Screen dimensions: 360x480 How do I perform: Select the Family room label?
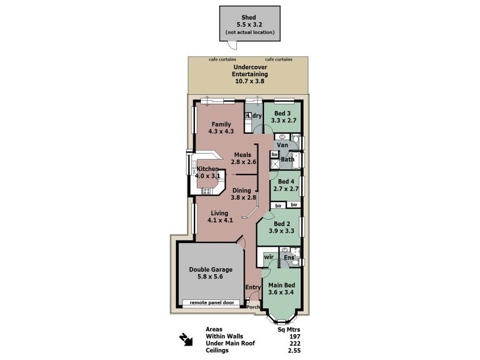220,124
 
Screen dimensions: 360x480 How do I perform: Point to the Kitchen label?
208,169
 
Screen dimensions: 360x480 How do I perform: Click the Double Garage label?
211,269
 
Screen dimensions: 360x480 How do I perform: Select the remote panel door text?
211,302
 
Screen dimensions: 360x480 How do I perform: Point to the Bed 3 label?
283,113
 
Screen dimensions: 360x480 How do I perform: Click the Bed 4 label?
286,182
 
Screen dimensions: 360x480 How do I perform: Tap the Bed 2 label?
280,223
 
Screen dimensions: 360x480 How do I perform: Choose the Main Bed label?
280,285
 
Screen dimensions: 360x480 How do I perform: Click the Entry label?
253,287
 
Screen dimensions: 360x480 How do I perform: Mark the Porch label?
254,309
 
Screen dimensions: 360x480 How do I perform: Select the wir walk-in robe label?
268,257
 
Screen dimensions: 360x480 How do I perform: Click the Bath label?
287,159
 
